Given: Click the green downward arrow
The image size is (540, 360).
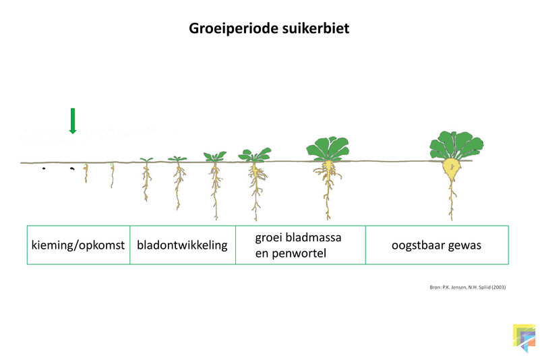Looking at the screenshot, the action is (72, 121).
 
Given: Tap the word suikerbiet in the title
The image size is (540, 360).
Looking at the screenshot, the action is (316, 28).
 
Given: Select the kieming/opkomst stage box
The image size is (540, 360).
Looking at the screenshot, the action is (78, 245).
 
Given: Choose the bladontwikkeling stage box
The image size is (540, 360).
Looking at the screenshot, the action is (183, 245).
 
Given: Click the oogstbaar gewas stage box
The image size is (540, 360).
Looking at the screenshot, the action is (437, 245).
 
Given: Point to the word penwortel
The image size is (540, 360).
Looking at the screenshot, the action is (299, 253).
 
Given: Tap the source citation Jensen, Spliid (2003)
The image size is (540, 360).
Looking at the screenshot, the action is (468, 287).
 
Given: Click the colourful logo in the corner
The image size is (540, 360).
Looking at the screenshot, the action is (524, 338).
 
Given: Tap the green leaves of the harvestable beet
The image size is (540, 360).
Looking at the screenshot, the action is (456, 145).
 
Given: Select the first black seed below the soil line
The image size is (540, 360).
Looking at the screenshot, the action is (44, 169).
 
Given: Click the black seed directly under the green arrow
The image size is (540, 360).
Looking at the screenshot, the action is (72, 169).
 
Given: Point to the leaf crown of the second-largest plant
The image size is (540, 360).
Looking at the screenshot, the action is (328, 148).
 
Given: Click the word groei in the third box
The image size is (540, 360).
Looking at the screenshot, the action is (268, 238).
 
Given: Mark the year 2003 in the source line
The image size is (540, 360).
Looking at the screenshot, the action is (498, 287).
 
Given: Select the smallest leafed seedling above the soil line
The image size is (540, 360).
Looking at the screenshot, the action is (146, 160).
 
